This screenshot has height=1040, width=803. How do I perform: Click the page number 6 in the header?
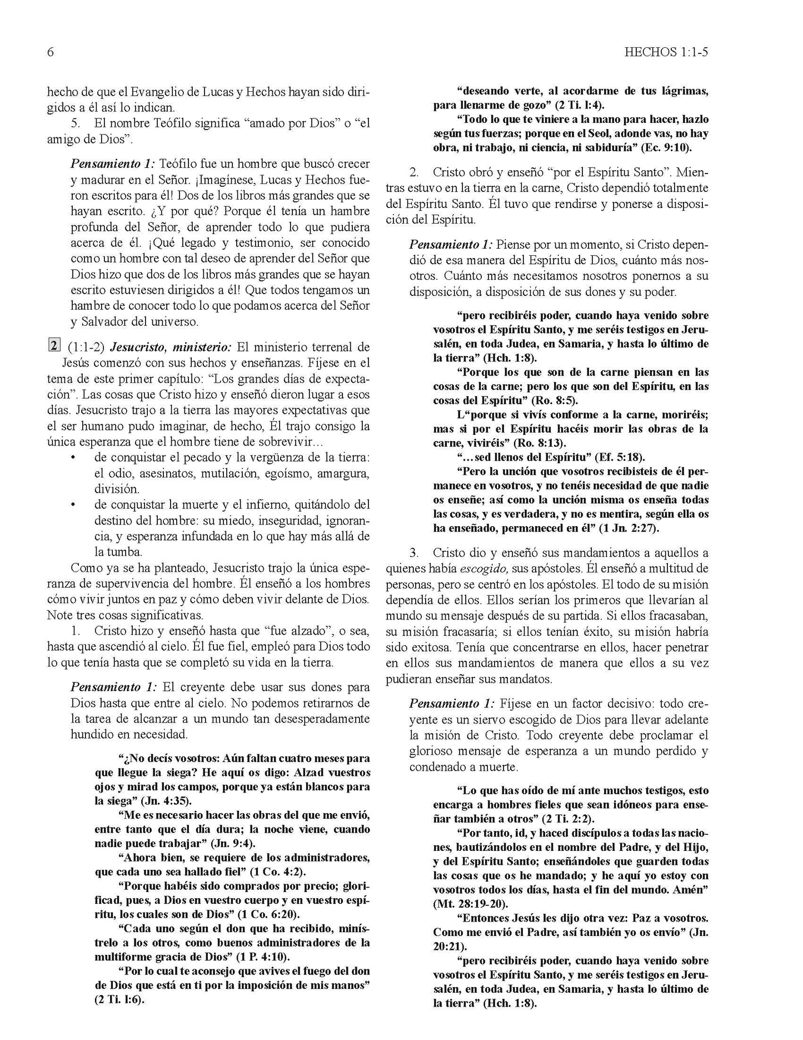[x=50, y=52]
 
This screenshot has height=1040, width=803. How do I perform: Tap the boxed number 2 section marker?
[x=53, y=346]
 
